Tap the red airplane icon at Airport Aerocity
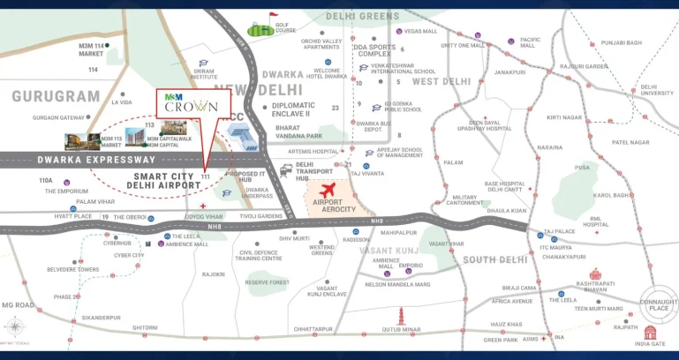328,190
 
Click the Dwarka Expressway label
97,160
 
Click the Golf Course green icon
260,30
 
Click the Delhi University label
656,89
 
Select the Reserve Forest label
267,282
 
